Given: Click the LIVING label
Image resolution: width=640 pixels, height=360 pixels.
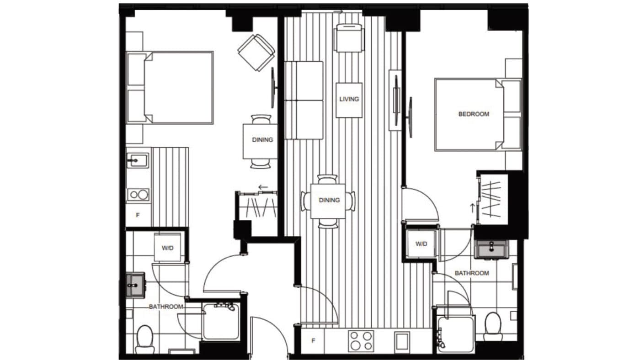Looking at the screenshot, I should (349, 99).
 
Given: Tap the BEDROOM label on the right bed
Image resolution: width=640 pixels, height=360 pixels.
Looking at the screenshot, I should (474, 114).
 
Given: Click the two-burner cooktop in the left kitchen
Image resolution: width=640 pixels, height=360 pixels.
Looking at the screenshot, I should (139, 195).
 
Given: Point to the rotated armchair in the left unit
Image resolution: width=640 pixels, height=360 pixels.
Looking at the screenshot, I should (256, 53).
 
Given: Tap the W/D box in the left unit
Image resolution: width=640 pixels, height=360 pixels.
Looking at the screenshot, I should (167, 247).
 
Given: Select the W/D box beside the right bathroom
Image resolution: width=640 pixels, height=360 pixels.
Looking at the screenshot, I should (421, 244).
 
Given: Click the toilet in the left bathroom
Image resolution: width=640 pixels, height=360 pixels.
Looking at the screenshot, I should (145, 338).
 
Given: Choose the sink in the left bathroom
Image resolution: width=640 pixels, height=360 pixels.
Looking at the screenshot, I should (134, 285).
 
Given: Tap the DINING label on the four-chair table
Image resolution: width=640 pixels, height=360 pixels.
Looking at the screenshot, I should (329, 200).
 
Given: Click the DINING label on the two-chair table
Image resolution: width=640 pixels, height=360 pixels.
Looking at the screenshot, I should (262, 140).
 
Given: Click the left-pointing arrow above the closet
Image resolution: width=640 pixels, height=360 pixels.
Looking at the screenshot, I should (263, 187).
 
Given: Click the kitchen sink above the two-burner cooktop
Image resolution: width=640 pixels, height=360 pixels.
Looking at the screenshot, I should (137, 161).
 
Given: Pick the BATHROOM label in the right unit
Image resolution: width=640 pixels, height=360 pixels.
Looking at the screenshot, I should (472, 273).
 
